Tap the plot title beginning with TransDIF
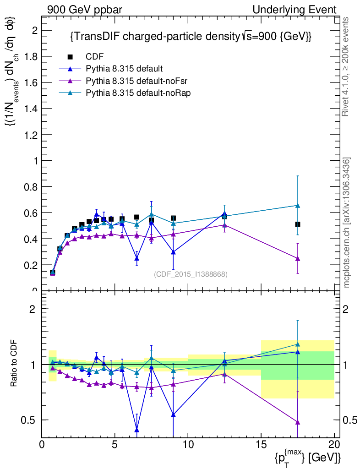pos(191,37)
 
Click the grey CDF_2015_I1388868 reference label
pos(191,274)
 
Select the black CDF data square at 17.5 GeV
pos(298,224)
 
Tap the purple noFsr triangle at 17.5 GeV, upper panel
pos(298,259)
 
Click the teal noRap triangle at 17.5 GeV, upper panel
pos(298,206)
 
